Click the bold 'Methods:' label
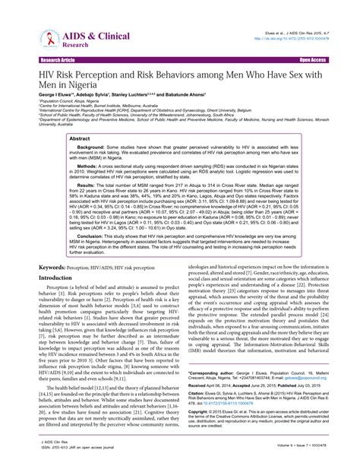click(x=70, y=173)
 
